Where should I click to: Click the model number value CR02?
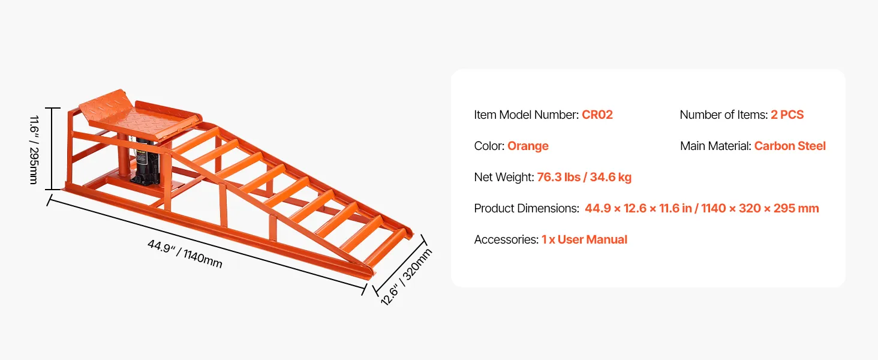(597, 115)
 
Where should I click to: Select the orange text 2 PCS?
(787, 115)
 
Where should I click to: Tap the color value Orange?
(528, 146)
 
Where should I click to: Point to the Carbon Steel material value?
(790, 146)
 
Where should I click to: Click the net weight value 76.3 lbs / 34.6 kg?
(584, 177)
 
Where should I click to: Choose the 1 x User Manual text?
(584, 239)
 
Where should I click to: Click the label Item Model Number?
(526, 115)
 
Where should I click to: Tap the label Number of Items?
(723, 115)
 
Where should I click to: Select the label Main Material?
(715, 146)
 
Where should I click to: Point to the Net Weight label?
(503, 177)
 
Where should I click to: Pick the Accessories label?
(506, 239)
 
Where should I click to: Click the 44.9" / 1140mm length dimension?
(185, 254)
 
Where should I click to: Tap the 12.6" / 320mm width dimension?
(406, 277)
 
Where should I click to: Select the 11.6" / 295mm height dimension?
(34, 149)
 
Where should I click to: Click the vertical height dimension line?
(53, 149)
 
